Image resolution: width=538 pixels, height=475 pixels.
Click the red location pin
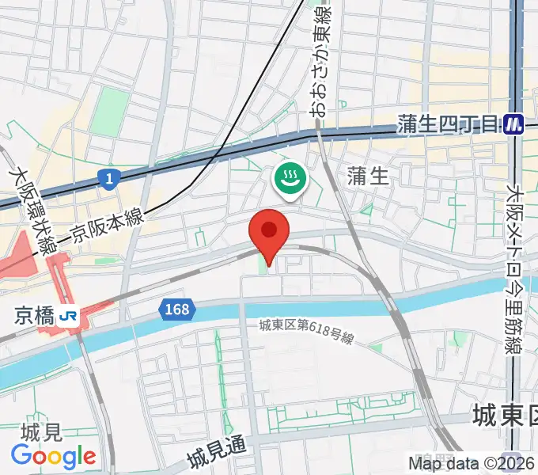click(x=269, y=232)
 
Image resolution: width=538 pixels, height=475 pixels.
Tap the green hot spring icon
click(x=290, y=177)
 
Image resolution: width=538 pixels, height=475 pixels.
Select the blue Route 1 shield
click(x=108, y=180)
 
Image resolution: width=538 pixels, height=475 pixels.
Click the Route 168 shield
click(x=177, y=309)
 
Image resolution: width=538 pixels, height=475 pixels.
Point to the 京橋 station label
click(x=33, y=316)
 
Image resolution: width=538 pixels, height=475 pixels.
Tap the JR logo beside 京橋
click(x=69, y=316)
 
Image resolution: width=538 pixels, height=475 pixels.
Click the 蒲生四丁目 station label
click(x=448, y=123)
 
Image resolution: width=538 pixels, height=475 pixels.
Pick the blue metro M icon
click(x=515, y=123)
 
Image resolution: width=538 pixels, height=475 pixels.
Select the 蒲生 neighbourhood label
click(x=368, y=177)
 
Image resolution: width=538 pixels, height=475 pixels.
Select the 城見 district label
click(x=41, y=433)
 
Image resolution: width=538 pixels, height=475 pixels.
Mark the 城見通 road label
click(x=218, y=454)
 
